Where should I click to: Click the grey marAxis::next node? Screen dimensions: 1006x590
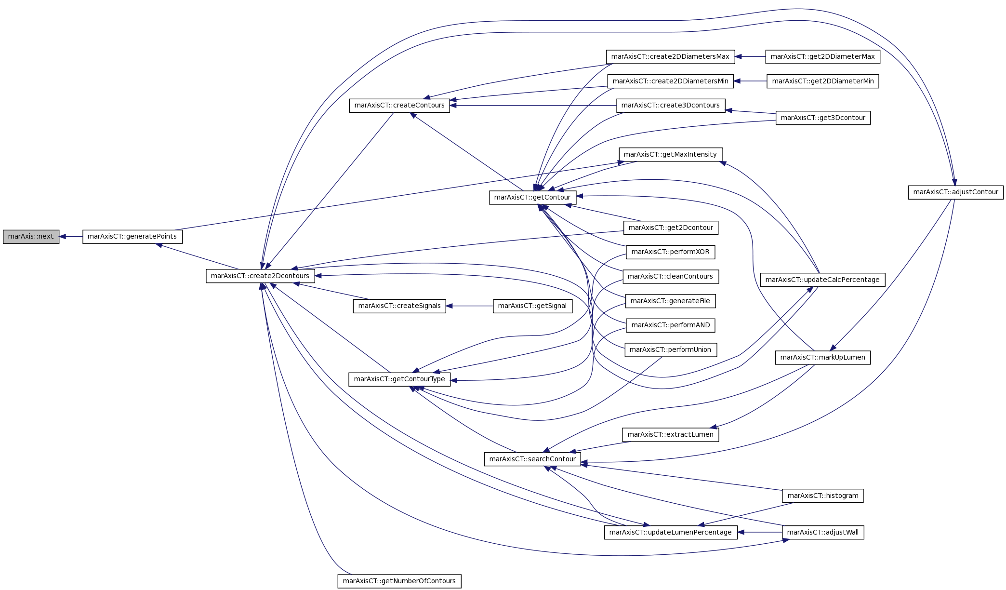click(x=31, y=237)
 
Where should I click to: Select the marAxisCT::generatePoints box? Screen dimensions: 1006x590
click(x=132, y=237)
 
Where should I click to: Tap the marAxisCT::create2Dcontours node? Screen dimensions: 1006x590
click(x=260, y=276)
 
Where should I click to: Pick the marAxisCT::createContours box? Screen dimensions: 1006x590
click(x=399, y=106)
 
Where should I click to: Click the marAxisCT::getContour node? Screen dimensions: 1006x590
click(x=532, y=197)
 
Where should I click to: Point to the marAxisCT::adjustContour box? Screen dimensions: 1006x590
click(x=956, y=192)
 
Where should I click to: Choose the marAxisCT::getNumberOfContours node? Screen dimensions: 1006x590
click(x=399, y=581)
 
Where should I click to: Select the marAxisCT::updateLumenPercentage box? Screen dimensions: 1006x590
click(x=671, y=533)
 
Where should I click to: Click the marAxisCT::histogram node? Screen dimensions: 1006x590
click(x=823, y=496)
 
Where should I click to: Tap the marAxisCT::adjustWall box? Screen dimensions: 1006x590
click(x=823, y=533)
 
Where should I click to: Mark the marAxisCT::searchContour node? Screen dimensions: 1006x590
click(x=532, y=459)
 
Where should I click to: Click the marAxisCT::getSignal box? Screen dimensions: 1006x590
click(x=532, y=306)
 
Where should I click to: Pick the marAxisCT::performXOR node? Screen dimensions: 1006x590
click(x=670, y=252)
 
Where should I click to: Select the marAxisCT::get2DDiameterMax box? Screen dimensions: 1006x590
click(x=823, y=57)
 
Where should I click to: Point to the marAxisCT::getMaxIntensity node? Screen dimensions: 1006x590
click(x=671, y=155)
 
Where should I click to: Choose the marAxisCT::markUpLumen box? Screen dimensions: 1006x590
click(x=823, y=358)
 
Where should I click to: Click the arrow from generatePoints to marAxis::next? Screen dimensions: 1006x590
click(x=71, y=237)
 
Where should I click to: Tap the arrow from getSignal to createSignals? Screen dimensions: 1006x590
click(x=470, y=306)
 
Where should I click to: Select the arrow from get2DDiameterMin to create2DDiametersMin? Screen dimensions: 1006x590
click(x=750, y=81)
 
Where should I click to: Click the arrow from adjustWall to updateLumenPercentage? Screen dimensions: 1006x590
click(x=760, y=533)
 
